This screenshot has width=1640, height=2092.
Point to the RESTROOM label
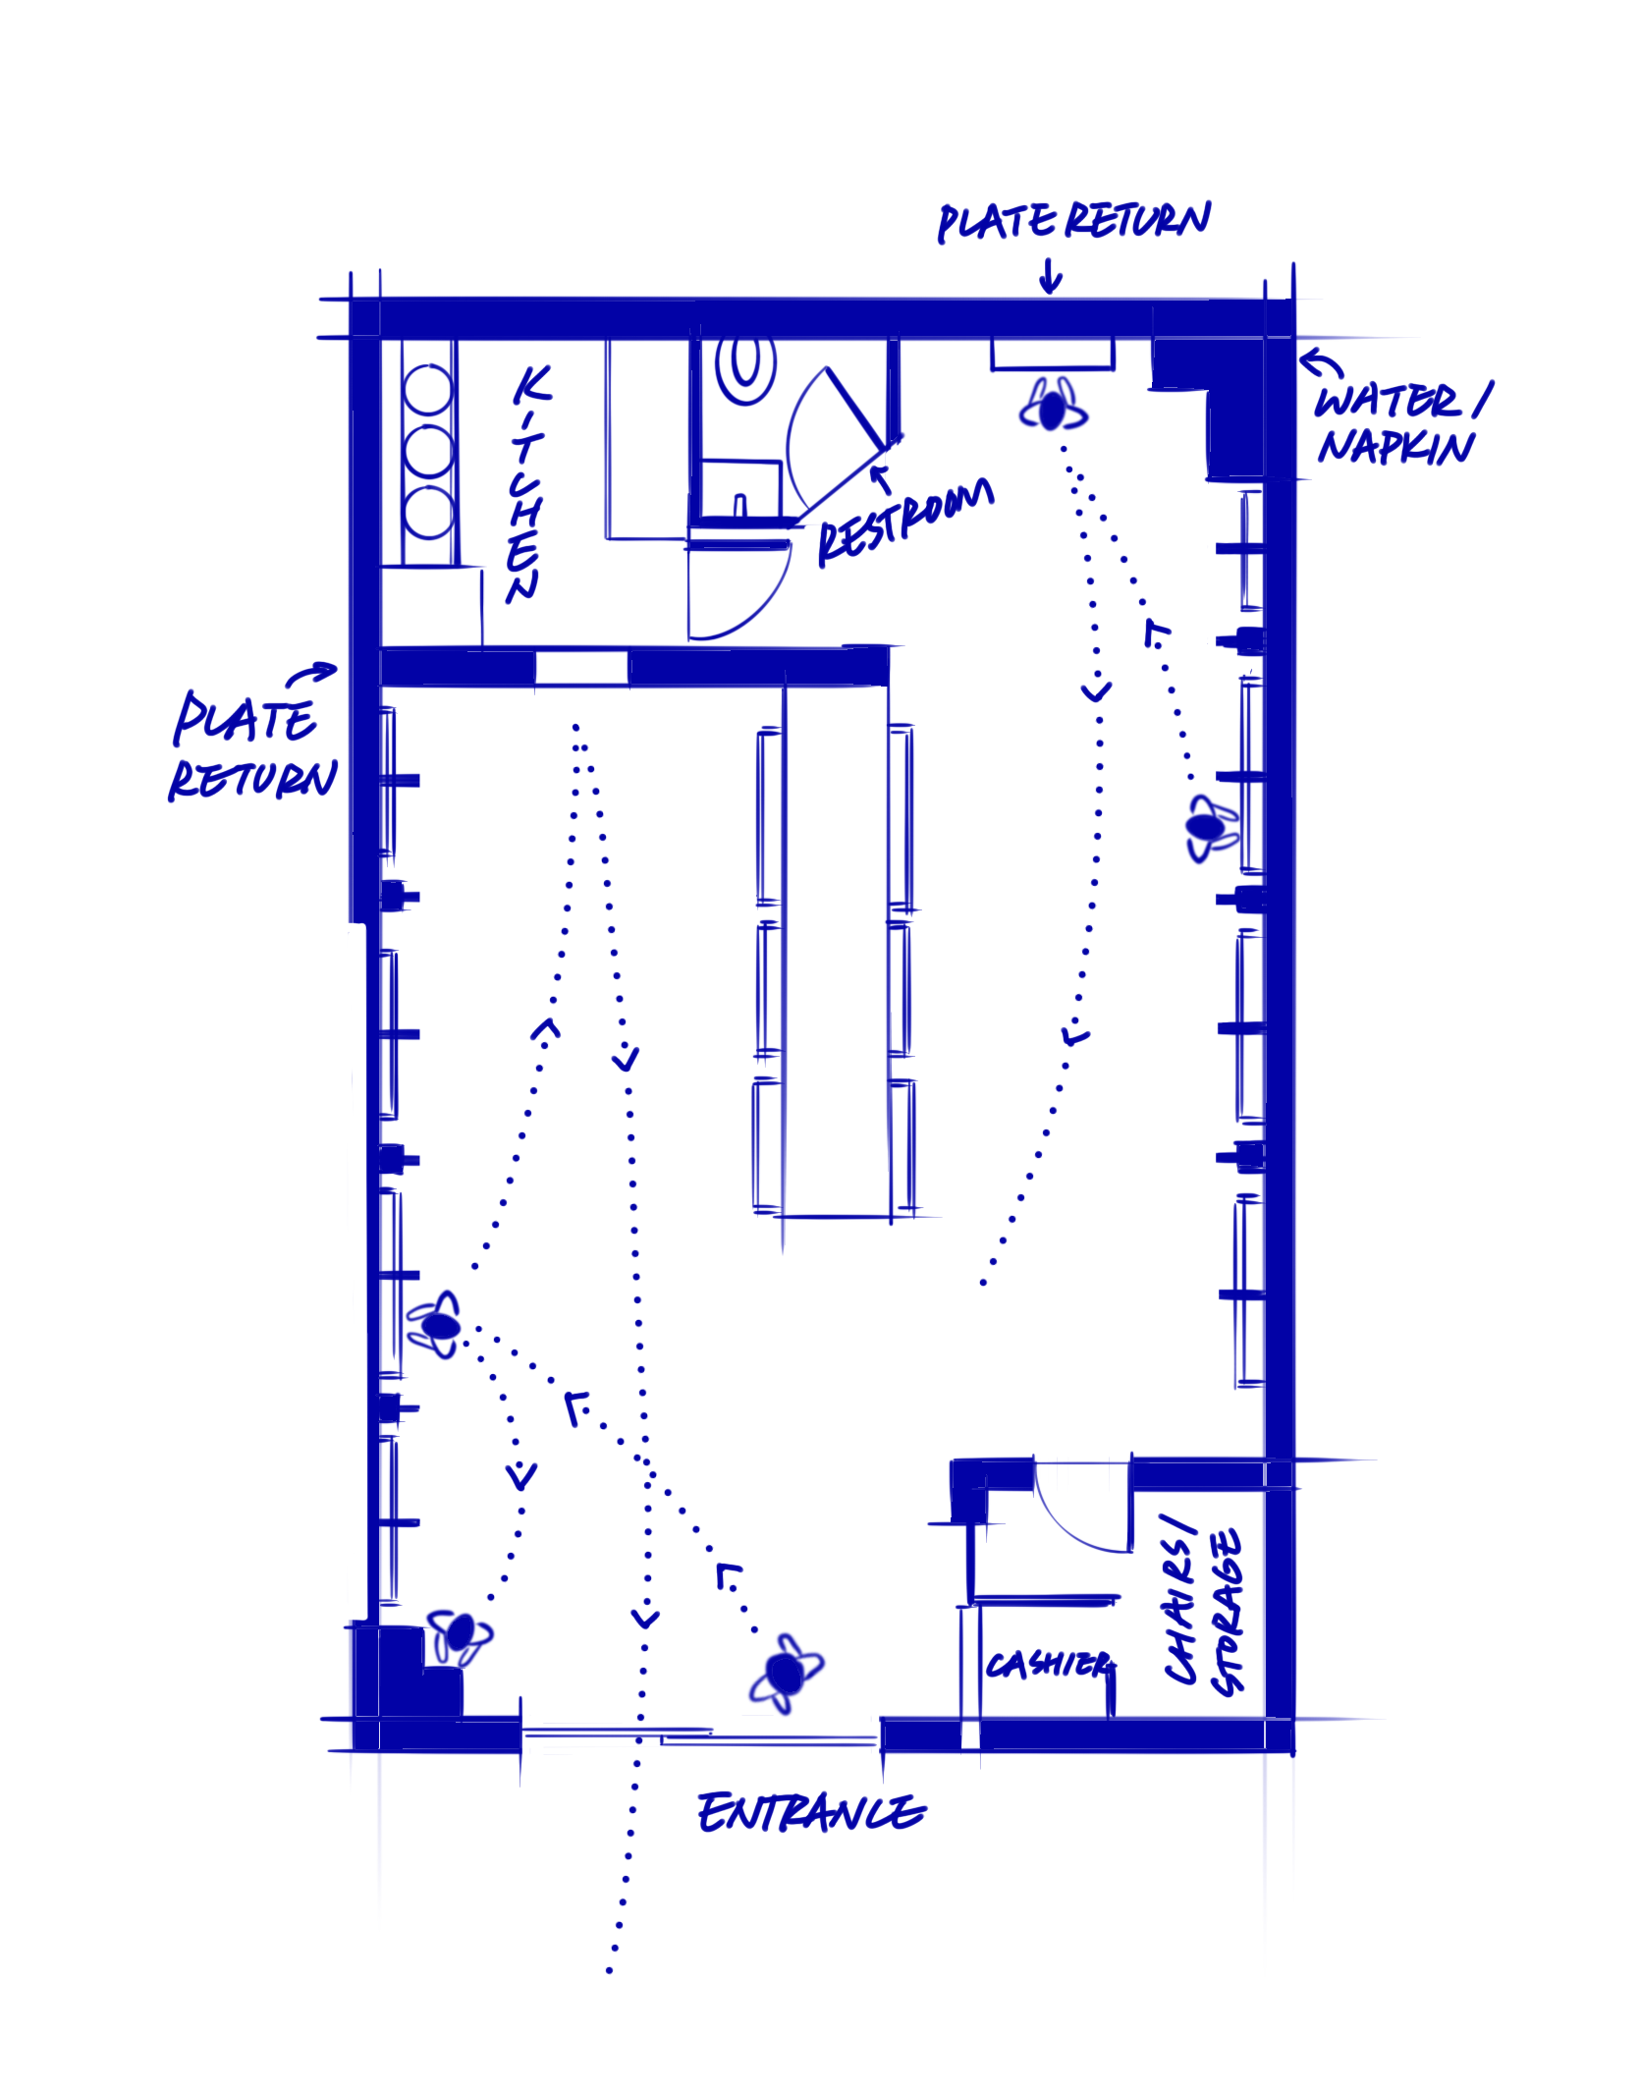point(904,522)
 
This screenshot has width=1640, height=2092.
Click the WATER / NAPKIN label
point(1399,423)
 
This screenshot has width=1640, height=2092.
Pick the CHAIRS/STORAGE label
point(1204,1610)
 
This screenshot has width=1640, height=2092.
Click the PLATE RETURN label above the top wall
point(1073,221)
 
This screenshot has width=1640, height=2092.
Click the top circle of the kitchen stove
point(428,389)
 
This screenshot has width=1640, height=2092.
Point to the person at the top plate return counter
point(1053,409)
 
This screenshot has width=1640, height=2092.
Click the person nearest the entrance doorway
point(786,1673)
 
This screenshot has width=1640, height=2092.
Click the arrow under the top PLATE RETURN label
point(1050,277)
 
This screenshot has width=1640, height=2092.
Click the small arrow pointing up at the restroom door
point(881,478)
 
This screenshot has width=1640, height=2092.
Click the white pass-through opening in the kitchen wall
point(581,668)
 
